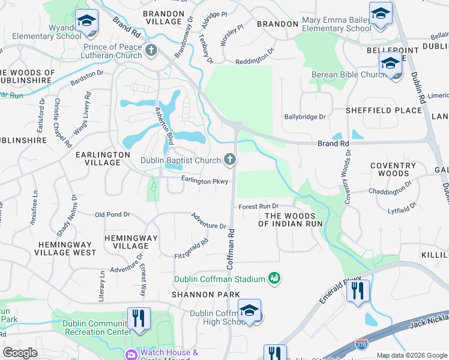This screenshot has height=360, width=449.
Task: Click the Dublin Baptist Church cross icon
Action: [229, 160]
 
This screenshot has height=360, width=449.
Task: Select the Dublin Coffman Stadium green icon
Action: [274, 278]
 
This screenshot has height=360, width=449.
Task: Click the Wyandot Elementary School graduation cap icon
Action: [86, 22]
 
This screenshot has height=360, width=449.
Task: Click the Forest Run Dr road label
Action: [259, 206]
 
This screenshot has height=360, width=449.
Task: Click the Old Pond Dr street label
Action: [112, 214]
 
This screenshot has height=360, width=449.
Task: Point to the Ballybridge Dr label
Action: [304, 117]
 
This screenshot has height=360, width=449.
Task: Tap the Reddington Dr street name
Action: [254, 61]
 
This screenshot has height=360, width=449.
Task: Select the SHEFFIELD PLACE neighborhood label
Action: [384, 110]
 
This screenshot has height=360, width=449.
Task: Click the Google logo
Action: [20, 353]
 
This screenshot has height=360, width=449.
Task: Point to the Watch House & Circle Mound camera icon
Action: [131, 355]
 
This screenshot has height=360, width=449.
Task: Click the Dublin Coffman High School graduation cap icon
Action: [249, 310]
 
